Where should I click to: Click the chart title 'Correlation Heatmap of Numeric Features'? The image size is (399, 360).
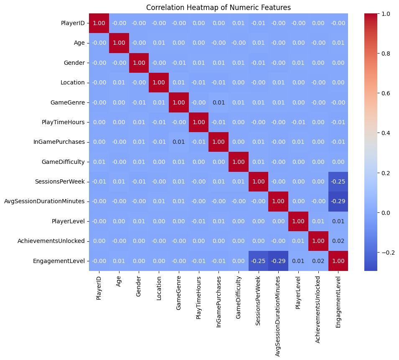[x=218, y=8]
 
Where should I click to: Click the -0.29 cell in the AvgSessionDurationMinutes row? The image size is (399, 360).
[x=338, y=201]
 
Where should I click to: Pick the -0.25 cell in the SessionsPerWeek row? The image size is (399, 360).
[x=338, y=181]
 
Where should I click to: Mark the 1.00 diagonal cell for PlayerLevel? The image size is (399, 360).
[x=298, y=221]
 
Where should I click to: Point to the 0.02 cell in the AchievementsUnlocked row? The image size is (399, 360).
[x=338, y=241]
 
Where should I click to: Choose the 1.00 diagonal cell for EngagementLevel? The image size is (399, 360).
[x=338, y=261]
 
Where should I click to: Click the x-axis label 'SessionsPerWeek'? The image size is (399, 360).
[x=259, y=295]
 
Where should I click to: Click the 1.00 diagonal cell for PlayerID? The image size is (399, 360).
[x=99, y=23]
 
